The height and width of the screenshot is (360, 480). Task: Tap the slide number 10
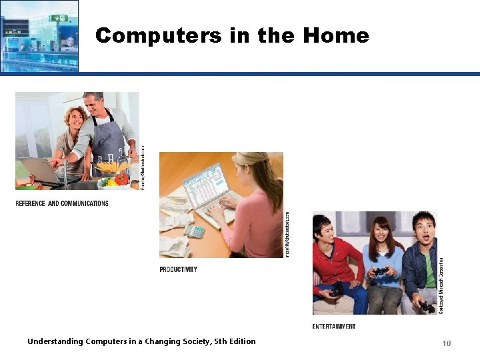tap(446, 343)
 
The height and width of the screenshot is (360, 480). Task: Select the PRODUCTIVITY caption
tap(179, 269)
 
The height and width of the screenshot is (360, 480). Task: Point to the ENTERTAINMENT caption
tap(333, 326)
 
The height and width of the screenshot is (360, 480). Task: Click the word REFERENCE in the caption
tap(31, 203)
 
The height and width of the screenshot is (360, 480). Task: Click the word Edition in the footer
tap(241, 341)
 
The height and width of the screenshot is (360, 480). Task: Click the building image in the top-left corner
tap(39, 35)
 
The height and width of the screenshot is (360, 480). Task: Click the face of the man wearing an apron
tap(94, 107)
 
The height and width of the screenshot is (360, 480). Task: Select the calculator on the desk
tap(195, 231)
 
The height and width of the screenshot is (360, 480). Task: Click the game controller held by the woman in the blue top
tap(379, 271)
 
